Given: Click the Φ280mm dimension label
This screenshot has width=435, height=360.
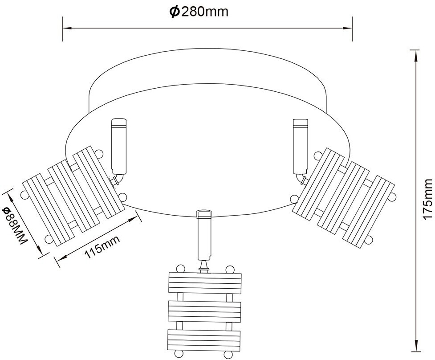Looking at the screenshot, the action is pyautogui.click(x=199, y=12).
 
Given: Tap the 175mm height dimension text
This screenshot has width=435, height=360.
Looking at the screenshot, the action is pyautogui.click(x=427, y=199).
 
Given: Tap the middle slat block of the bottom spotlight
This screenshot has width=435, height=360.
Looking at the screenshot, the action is pyautogui.click(x=204, y=310).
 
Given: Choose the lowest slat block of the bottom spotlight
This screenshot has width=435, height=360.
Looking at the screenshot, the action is pyautogui.click(x=204, y=339).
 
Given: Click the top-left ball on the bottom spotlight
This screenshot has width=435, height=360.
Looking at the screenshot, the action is pyautogui.click(x=180, y=269).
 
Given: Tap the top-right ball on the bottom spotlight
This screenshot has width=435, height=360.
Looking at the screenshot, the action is pyautogui.click(x=229, y=269).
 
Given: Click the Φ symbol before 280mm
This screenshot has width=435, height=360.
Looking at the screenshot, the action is pyautogui.click(x=174, y=12).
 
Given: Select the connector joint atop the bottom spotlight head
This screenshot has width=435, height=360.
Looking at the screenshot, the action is pyautogui.click(x=204, y=266).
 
